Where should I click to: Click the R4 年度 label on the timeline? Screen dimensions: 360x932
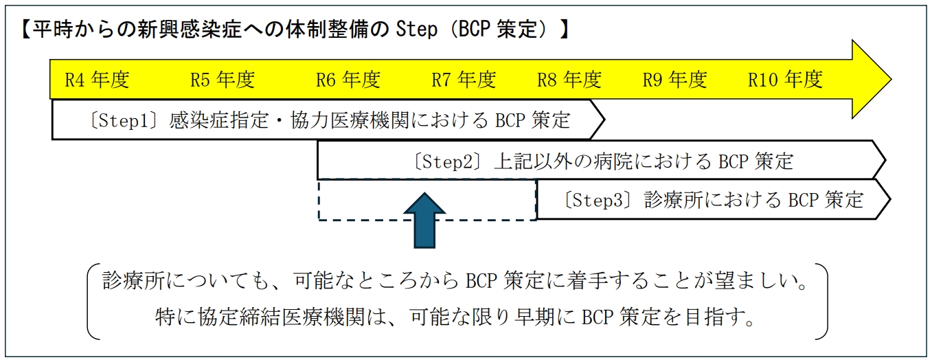point(97,80)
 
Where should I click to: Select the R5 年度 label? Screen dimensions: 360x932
point(222,80)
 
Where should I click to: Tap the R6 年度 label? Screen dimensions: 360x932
point(348,80)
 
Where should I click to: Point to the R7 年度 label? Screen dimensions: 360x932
point(463,80)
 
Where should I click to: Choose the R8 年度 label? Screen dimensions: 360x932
point(569,80)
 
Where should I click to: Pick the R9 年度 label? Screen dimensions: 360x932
point(674,80)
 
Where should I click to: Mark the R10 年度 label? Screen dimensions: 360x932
point(785,80)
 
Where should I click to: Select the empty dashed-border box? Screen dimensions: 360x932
point(364,200)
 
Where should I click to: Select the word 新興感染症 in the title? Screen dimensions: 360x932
point(173,31)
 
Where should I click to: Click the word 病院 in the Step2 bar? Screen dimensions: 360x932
point(629,162)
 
